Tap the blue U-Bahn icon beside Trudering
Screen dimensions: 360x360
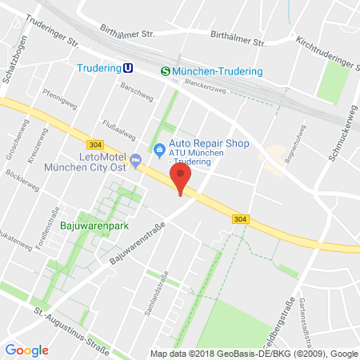click(127, 70)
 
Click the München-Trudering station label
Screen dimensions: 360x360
click(218, 71)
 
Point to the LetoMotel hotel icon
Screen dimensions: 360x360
click(135, 161)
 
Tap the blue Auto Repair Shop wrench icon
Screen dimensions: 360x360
click(158, 148)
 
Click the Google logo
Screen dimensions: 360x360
click(26, 350)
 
